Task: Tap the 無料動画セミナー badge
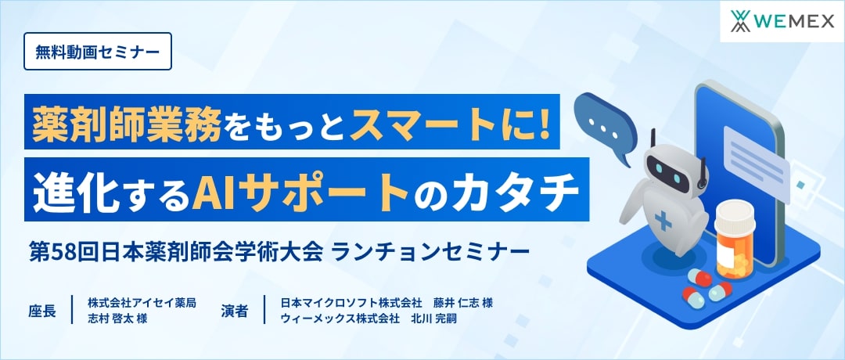(x=98, y=52)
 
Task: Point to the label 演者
(x=234, y=311)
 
